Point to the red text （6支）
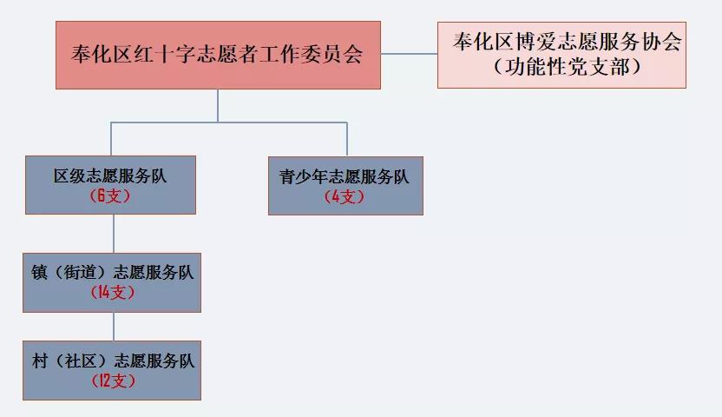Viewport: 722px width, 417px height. [110, 196]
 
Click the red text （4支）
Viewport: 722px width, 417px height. [345, 196]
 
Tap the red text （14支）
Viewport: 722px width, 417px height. [112, 293]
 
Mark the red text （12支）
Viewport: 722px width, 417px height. [112, 381]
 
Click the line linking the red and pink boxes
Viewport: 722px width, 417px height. [409, 54]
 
